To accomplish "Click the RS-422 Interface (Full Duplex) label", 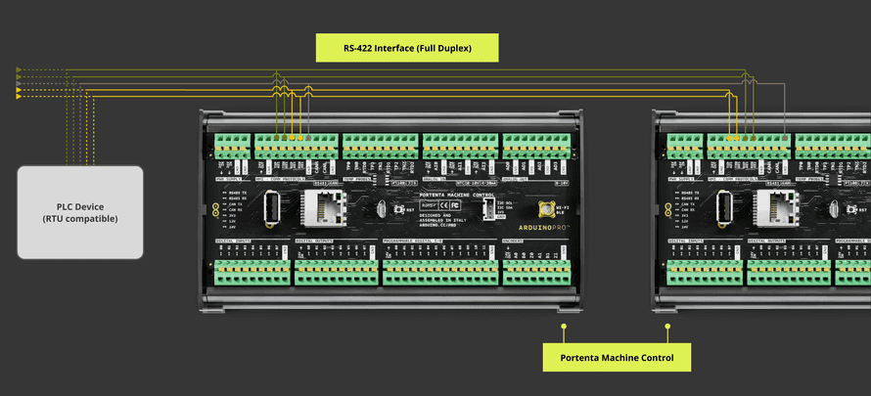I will click(407, 47).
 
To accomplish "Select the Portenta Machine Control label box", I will click(617, 357).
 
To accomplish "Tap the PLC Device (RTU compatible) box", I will click(79, 211).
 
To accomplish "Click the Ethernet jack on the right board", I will click(779, 207).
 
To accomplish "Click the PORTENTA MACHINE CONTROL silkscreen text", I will click(455, 196).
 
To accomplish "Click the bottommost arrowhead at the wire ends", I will click(18, 98).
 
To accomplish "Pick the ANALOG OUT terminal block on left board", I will click(536, 145).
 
